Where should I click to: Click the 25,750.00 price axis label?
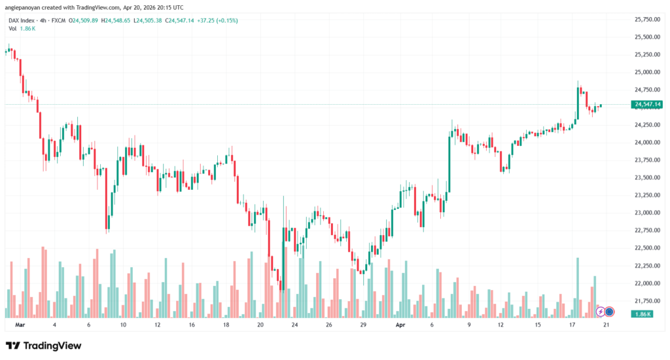(648, 20)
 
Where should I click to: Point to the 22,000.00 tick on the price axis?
(648, 283)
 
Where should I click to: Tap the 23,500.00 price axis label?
(648, 177)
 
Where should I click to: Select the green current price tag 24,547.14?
(648, 105)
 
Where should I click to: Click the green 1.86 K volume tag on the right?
(642, 314)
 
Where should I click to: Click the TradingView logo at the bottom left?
(43, 345)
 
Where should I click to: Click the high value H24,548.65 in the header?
(115, 21)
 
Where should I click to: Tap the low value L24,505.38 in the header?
(149, 21)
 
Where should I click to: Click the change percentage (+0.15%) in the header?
(226, 21)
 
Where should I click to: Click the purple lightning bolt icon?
(600, 312)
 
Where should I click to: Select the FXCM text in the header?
(59, 21)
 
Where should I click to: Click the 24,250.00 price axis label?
(648, 124)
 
